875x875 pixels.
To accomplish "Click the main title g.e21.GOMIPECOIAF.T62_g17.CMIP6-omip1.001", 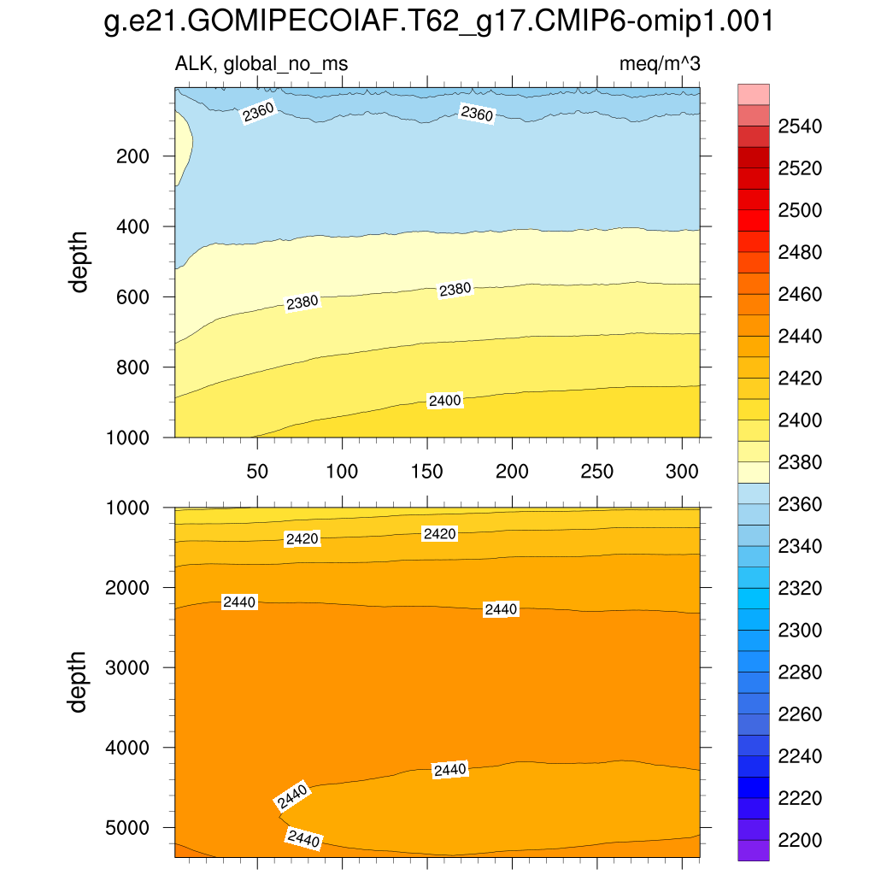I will pos(437,22).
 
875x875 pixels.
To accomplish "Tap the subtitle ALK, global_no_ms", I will pos(261,64).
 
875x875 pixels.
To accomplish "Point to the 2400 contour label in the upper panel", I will pos(444,401).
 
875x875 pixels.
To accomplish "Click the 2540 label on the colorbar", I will pos(800,127).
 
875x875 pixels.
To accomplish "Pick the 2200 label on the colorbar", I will pos(800,841).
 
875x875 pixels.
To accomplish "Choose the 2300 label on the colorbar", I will pos(800,631).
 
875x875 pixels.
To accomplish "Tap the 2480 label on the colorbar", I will pos(800,253).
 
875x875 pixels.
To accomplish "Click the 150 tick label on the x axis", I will pos(427,472).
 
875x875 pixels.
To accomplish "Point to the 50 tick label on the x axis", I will pos(257,472).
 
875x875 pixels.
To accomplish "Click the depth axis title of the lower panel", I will pos(79,681).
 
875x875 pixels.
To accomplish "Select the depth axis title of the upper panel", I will pos(79,261).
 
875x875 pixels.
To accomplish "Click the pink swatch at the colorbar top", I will pos(753,93).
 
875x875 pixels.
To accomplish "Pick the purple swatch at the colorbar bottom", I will pos(753,850).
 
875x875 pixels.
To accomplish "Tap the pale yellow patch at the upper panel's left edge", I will pos(182,150).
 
